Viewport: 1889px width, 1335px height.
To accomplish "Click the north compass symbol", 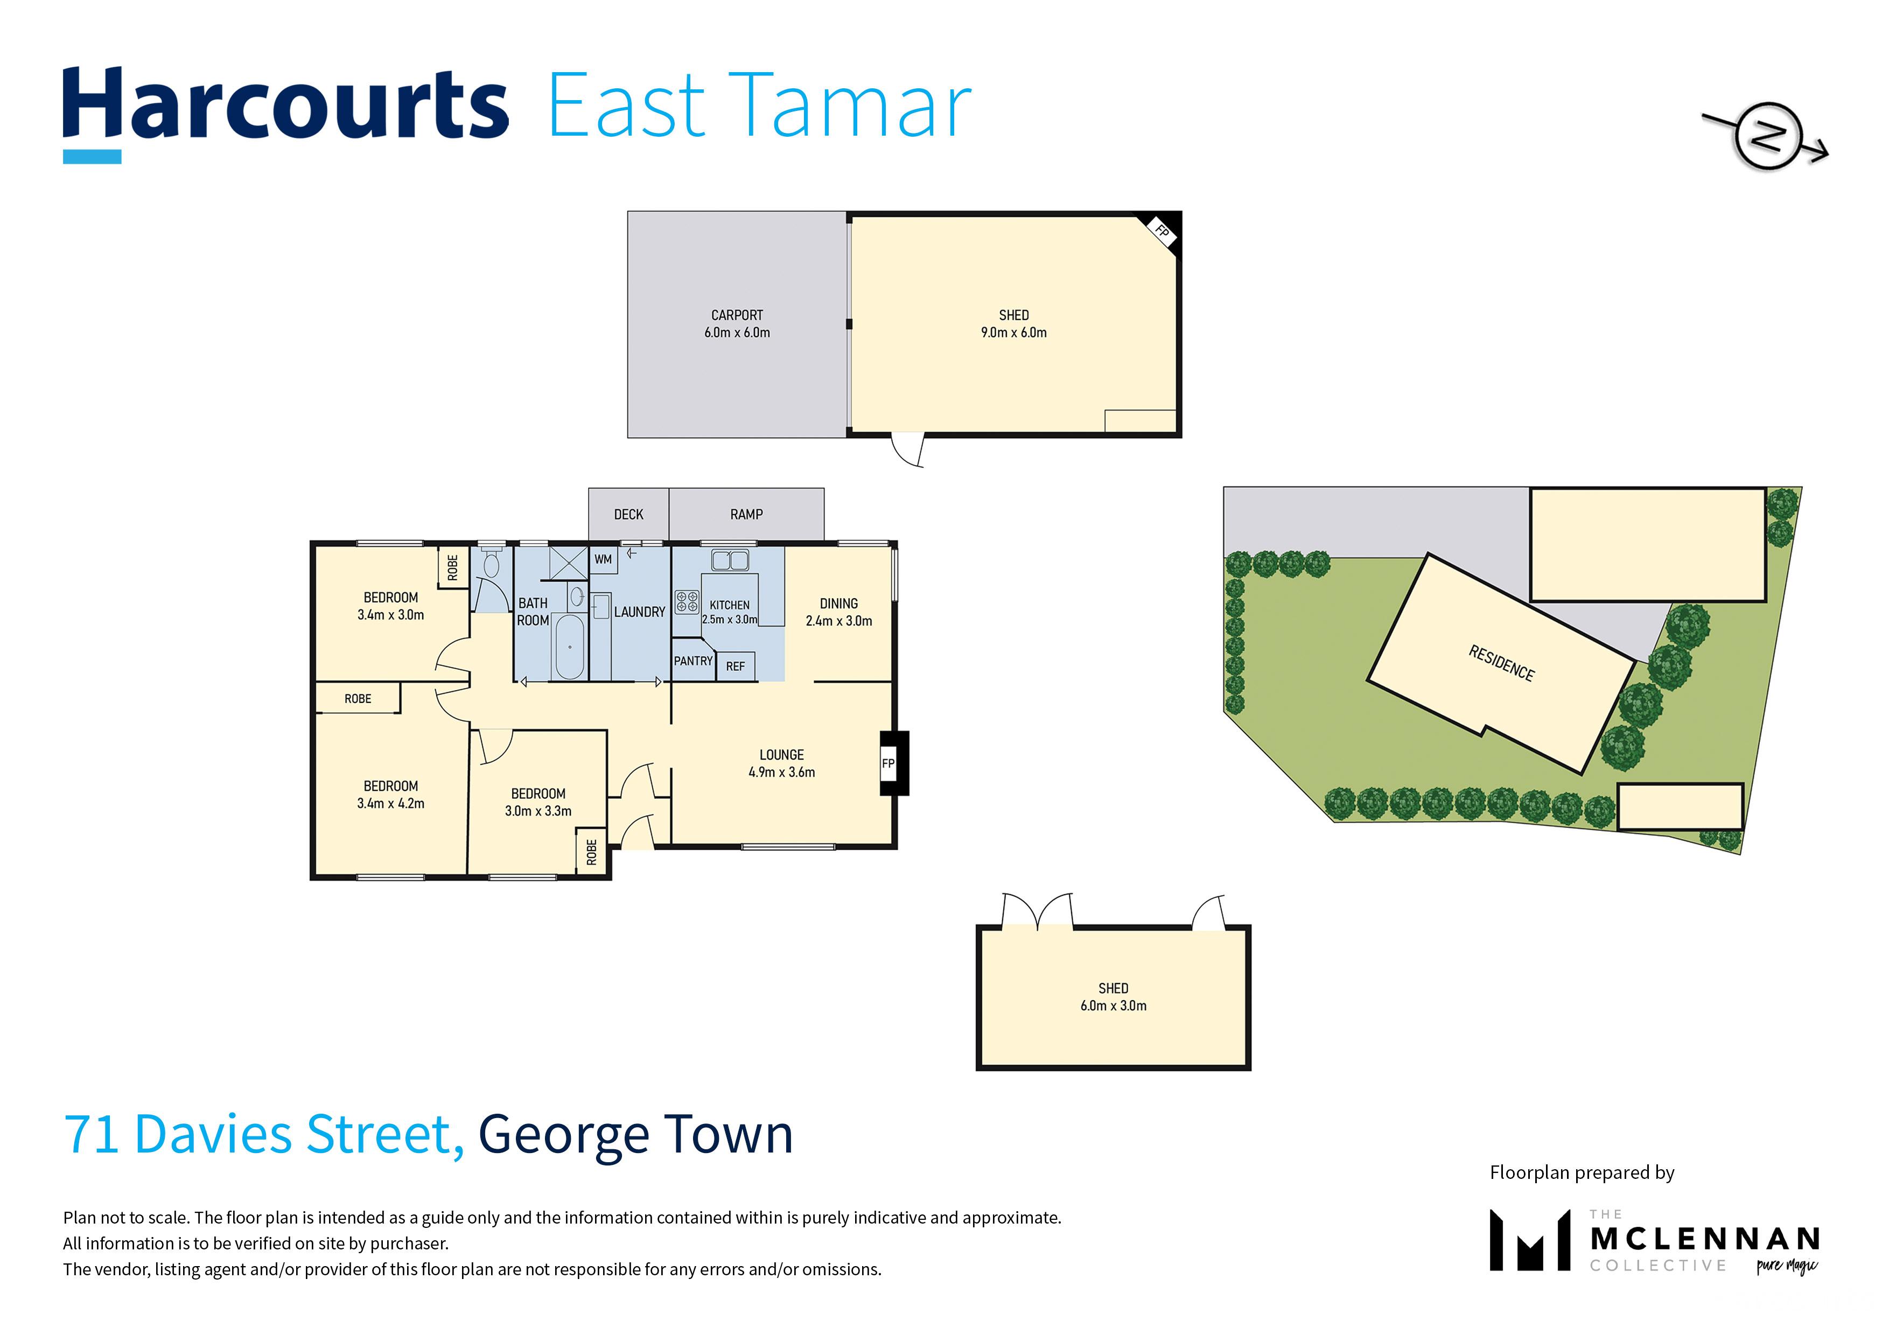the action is (1766, 137).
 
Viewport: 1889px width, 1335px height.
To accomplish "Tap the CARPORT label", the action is (737, 315).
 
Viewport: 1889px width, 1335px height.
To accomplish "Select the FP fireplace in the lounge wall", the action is (893, 763).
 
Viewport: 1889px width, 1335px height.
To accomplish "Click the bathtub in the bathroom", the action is (569, 647).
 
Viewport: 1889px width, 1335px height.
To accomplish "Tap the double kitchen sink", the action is (730, 561).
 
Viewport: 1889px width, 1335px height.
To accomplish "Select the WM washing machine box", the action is (603, 559).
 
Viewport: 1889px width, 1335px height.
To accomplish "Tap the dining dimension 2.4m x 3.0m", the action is (838, 621).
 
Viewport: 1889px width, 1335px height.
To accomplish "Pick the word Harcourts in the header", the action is (285, 106).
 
